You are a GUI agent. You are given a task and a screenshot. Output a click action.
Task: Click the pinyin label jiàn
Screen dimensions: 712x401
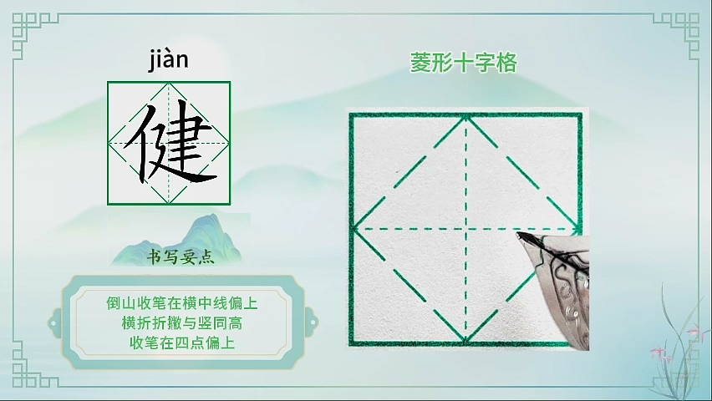pos(168,60)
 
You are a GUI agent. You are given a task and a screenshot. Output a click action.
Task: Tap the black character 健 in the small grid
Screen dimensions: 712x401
pos(169,142)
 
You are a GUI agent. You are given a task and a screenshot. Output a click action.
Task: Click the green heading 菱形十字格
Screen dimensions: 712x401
pos(464,63)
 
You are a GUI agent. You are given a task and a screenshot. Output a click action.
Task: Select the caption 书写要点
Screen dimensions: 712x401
pos(181,257)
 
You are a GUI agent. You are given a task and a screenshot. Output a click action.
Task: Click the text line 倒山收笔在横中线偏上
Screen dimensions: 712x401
pos(182,303)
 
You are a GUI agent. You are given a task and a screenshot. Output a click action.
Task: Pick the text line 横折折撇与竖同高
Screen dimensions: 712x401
pos(182,323)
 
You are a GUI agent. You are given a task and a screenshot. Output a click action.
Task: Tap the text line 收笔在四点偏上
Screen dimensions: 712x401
pos(182,343)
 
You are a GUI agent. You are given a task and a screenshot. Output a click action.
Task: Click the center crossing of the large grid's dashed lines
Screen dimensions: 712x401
pos(465,229)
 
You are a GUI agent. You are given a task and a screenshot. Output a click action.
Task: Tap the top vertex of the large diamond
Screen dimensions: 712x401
pos(465,118)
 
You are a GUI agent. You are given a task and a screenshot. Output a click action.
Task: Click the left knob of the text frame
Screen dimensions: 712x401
pos(54,323)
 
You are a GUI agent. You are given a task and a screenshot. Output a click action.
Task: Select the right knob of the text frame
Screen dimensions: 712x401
pos(312,323)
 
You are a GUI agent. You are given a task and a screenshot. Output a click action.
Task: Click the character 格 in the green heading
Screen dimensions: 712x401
pos(506,63)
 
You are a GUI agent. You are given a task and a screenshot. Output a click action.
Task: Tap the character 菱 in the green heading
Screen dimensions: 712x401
pos(421,63)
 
